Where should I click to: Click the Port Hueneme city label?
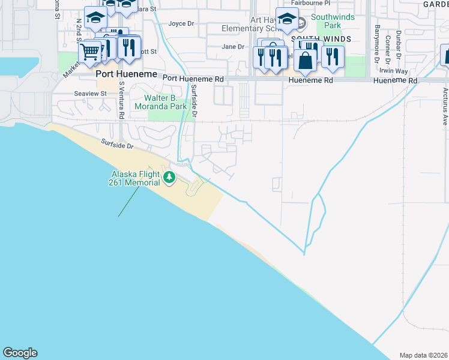(127, 74)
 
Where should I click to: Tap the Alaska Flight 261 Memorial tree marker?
(169, 177)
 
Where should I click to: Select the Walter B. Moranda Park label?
(168, 103)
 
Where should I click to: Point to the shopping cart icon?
(90, 53)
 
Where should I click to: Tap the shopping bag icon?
(306, 60)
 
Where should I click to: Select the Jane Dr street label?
(233, 46)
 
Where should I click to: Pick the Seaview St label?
(90, 94)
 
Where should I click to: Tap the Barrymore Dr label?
(378, 43)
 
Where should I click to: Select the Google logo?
(20, 353)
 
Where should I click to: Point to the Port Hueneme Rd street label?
(193, 79)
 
